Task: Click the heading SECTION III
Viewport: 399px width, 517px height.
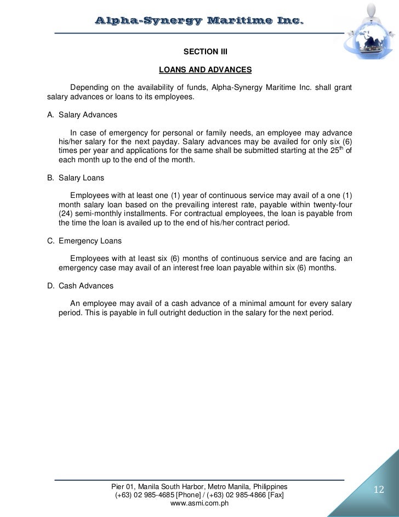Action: point(204,53)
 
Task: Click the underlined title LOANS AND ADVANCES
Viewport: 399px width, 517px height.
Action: point(204,70)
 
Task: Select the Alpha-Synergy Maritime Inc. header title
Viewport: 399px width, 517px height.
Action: point(199,21)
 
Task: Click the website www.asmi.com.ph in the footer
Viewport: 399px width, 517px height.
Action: point(199,503)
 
